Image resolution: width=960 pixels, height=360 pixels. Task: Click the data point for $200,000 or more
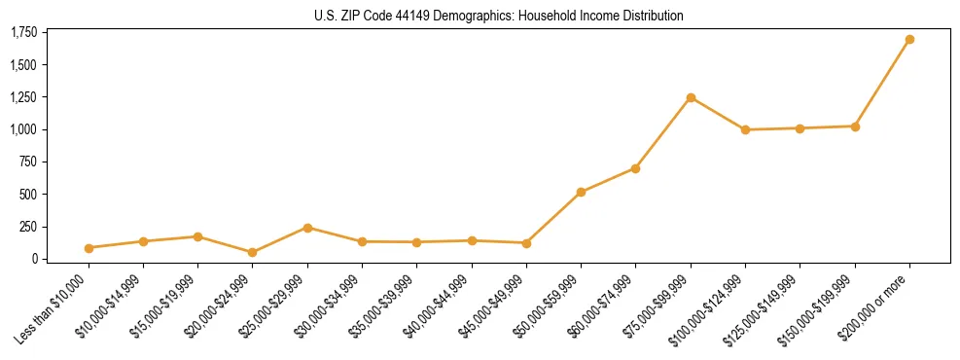[909, 40]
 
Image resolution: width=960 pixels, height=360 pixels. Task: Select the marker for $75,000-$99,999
[691, 97]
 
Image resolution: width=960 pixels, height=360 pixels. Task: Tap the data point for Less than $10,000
[89, 248]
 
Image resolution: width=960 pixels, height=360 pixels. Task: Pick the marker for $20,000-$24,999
[253, 252]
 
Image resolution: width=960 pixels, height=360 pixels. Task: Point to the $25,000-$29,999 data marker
[307, 228]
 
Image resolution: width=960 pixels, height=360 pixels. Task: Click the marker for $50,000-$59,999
[581, 193]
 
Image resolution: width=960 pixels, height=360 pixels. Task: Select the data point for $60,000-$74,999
[635, 168]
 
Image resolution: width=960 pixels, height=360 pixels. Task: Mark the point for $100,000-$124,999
[745, 129]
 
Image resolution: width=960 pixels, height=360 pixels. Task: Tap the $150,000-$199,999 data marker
[855, 126]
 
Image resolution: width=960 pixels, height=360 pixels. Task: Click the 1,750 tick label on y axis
[23, 33]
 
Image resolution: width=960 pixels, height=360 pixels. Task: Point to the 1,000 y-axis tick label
[23, 129]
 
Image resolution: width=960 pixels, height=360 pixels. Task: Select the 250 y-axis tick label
[28, 227]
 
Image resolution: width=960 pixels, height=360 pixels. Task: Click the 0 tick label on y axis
[33, 259]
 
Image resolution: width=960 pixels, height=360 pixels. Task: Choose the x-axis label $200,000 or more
[878, 302]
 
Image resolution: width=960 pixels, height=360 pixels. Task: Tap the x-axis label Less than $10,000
[53, 306]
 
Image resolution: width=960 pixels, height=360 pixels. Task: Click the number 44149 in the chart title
[406, 17]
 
